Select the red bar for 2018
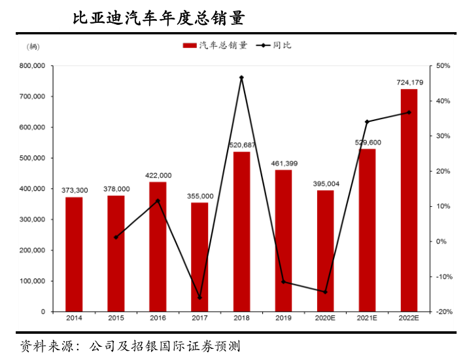click(241, 231)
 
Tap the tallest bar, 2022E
click(409, 200)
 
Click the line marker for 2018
click(241, 78)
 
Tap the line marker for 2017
click(199, 298)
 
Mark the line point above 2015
click(116, 237)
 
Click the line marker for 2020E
click(325, 292)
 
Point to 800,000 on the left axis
click(32, 66)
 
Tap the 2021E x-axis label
click(367, 318)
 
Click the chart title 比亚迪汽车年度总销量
click(159, 18)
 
